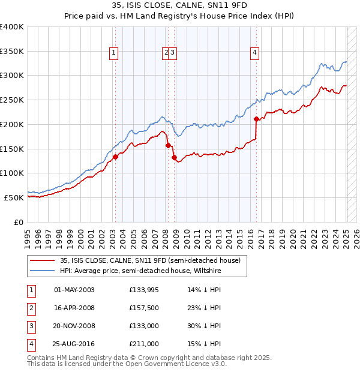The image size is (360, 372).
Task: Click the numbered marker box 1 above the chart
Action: [114, 53]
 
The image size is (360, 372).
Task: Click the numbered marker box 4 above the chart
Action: [255, 53]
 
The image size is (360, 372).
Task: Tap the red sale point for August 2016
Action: [256, 118]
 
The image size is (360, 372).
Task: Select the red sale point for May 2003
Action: [115, 157]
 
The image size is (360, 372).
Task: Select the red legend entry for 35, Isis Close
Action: [150, 260]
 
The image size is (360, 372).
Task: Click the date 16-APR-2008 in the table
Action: [74, 308]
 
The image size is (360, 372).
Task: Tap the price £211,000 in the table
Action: [144, 344]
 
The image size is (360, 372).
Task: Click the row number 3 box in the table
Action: [31, 326]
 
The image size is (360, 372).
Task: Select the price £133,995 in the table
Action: [144, 290]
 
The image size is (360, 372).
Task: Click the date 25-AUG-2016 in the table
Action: [74, 344]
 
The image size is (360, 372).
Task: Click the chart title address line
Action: [180, 5]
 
